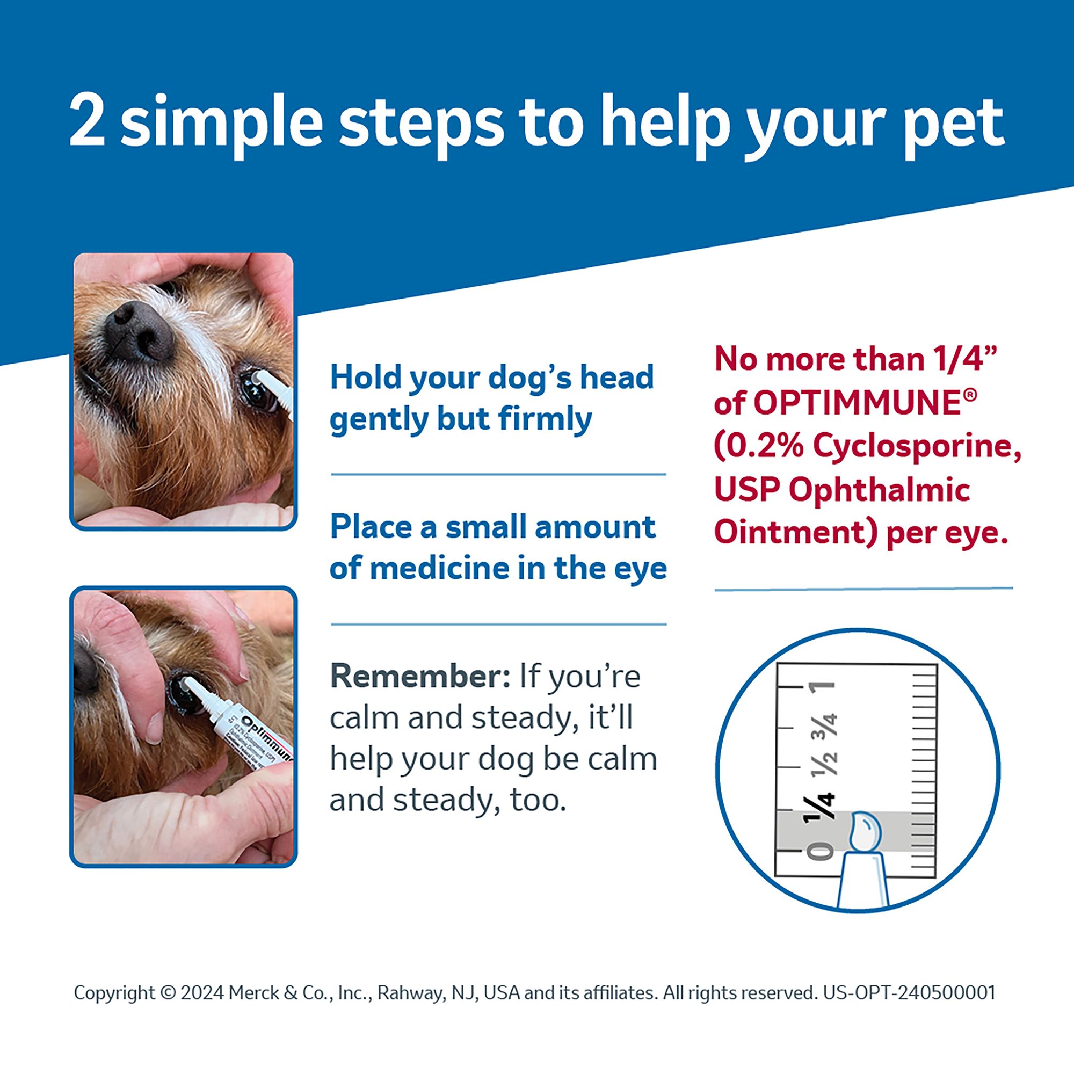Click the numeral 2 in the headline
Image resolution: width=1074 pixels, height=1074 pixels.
point(88,121)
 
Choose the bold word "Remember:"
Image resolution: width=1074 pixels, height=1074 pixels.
point(420,677)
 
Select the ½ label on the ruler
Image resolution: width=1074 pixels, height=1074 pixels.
point(823,764)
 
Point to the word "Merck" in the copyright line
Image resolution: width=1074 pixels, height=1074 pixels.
point(253,993)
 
